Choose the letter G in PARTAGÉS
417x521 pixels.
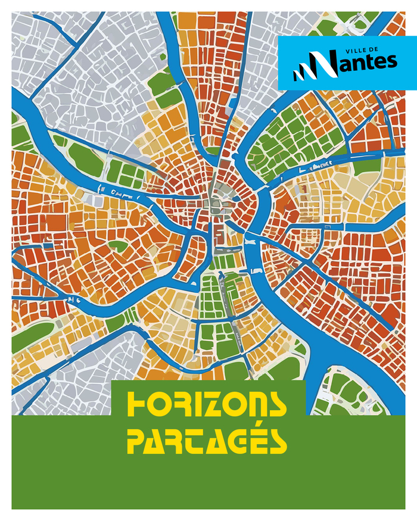tap(238, 441)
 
